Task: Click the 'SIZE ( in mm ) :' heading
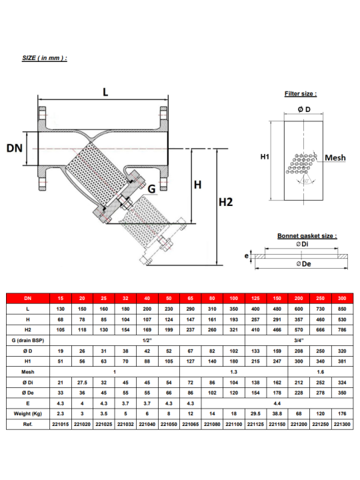[x=45, y=58]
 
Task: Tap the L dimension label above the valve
[x=105, y=92]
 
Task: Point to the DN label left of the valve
[x=15, y=148]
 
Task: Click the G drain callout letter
[x=151, y=189]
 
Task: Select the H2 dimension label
[x=225, y=202]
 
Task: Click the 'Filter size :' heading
[x=301, y=94]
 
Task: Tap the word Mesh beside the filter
[x=335, y=157]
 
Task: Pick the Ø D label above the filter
[x=304, y=109]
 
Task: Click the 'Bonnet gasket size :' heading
[x=307, y=236]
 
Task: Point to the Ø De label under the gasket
[x=304, y=264]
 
